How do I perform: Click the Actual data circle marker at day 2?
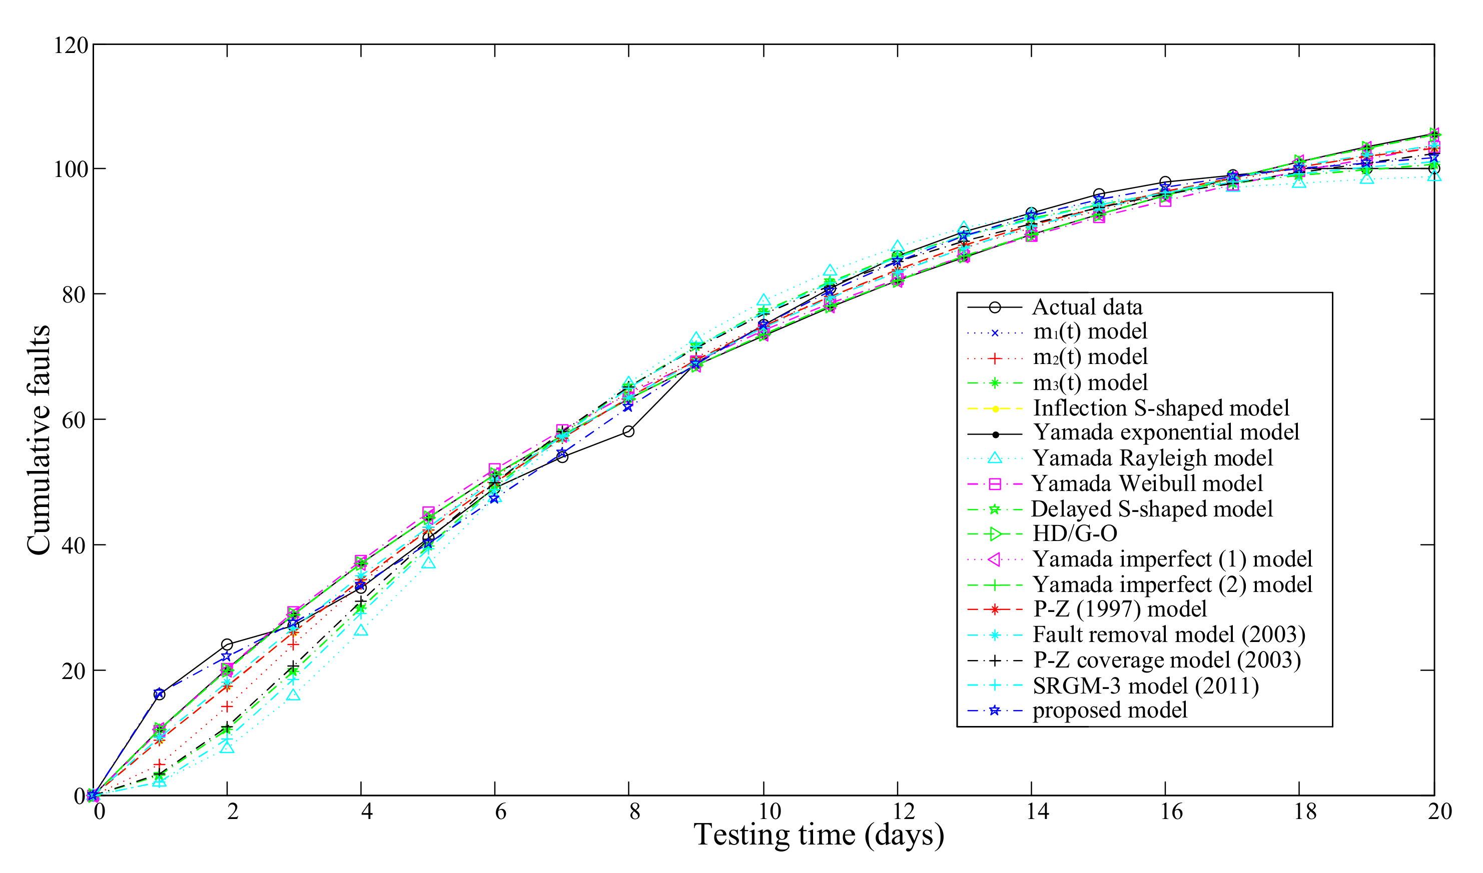pos(227,644)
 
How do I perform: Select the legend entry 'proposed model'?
pos(1109,710)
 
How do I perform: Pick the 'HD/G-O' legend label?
pos(1075,533)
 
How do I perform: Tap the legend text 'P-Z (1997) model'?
pos(1119,609)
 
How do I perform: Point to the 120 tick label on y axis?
pos(71,45)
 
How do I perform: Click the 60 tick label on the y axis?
pos(74,420)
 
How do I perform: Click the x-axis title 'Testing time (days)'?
pos(819,835)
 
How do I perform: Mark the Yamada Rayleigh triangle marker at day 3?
pos(294,695)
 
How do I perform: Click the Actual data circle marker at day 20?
pos(1434,169)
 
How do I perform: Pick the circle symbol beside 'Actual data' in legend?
pos(995,307)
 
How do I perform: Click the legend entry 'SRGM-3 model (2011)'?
pos(1145,685)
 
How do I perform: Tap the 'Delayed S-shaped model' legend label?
pos(1152,508)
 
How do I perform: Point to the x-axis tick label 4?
pos(367,812)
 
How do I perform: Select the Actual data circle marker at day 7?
pos(562,456)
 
